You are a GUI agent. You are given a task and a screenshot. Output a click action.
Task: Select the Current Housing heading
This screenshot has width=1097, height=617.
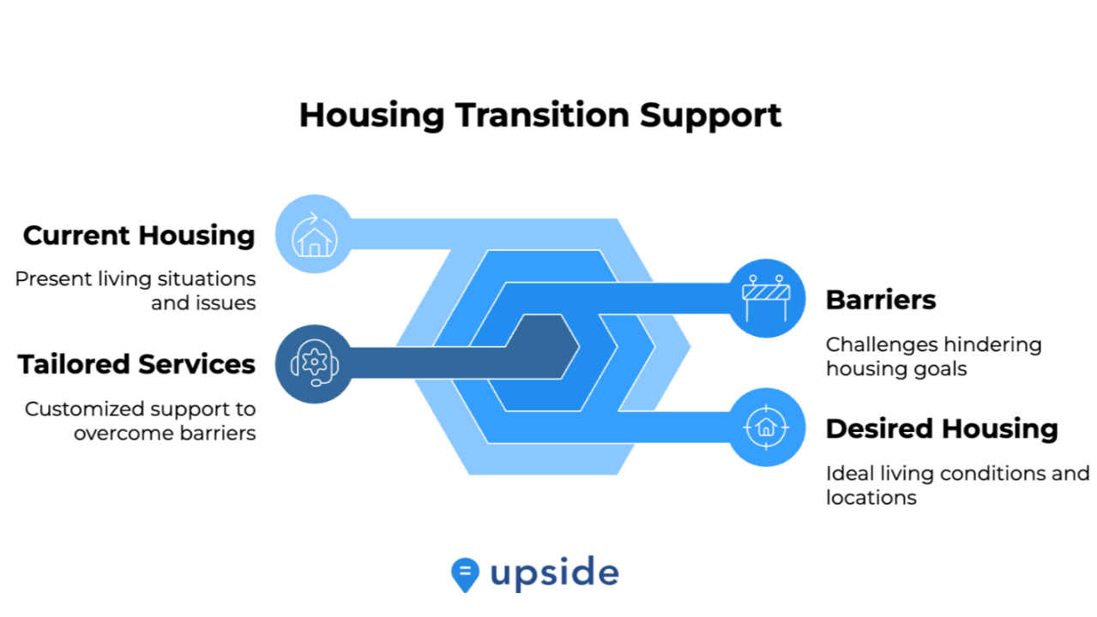click(x=139, y=237)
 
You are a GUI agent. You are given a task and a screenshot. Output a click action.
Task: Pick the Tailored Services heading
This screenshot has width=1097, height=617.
click(x=136, y=364)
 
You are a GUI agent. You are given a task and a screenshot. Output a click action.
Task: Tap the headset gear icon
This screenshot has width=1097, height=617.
click(x=315, y=363)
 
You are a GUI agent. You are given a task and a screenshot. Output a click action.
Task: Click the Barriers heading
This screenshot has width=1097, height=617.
click(x=881, y=300)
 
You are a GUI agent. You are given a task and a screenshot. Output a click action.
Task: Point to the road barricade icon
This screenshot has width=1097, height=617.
click(x=766, y=298)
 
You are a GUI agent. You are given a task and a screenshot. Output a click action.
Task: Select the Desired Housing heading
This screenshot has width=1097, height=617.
click(x=942, y=429)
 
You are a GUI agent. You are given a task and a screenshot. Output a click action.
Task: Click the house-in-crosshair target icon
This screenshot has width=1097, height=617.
click(x=766, y=427)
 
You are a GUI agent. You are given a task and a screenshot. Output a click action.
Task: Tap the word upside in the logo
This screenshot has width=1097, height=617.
click(x=554, y=572)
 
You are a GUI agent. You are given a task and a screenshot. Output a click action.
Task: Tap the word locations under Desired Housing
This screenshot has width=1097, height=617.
click(x=871, y=498)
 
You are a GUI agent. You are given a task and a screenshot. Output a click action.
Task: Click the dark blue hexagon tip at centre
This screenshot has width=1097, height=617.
click(x=579, y=347)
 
